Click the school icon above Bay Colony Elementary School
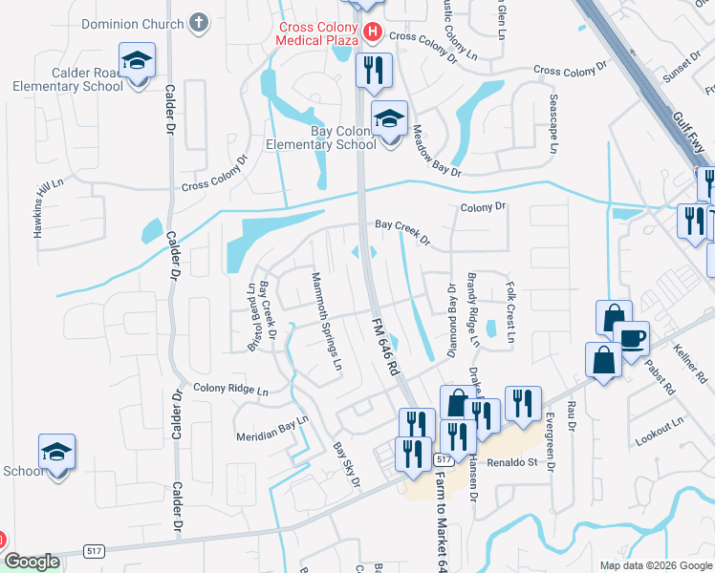[x=389, y=119]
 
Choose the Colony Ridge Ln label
[x=230, y=389]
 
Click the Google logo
[x=32, y=562]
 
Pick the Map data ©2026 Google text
[x=655, y=565]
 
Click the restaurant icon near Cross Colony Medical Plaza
[x=371, y=69]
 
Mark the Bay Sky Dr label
[x=345, y=464]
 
